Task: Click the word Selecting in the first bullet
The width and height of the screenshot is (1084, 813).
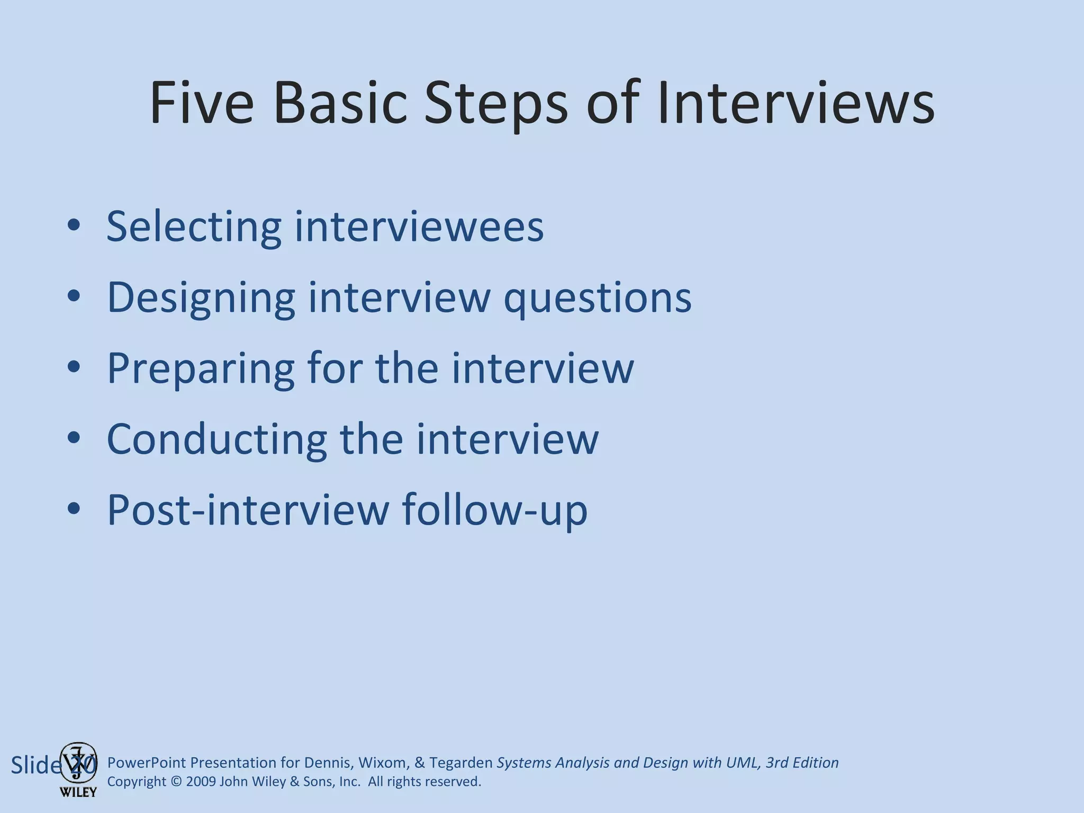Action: point(193,227)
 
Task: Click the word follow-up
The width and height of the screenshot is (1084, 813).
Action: point(494,510)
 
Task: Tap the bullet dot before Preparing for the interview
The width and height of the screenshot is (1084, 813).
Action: point(74,367)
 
